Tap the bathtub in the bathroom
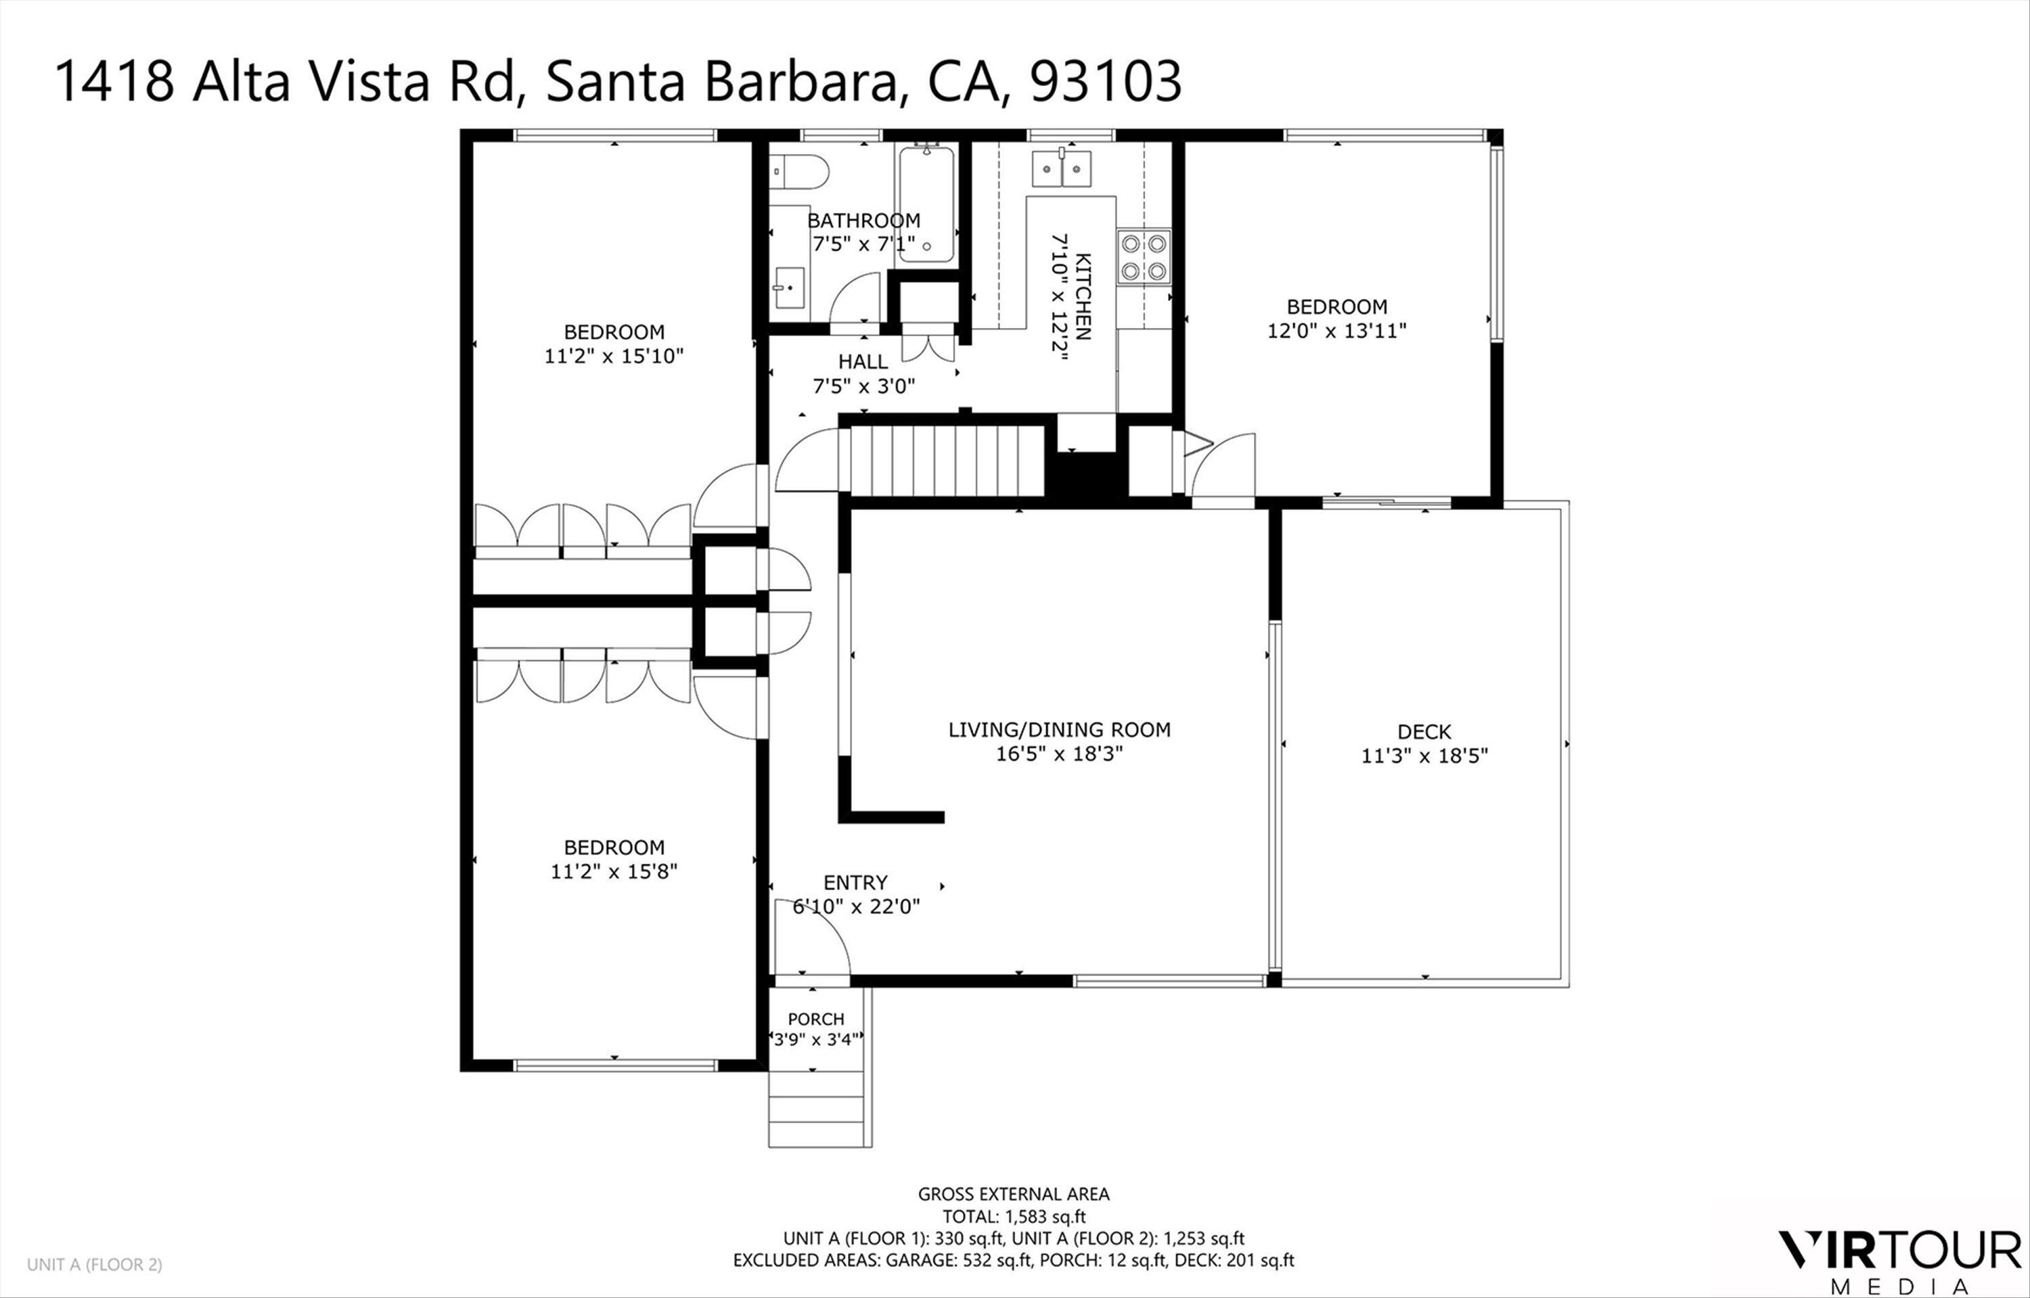point(926,205)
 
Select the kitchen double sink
point(1062,168)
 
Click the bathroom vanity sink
point(788,289)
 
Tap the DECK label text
point(1424,732)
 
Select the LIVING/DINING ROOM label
point(1059,730)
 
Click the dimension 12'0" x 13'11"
point(1336,330)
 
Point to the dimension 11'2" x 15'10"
point(614,356)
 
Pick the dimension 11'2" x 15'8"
point(614,871)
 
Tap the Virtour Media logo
point(1899,1259)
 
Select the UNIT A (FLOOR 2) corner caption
point(95,1264)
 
